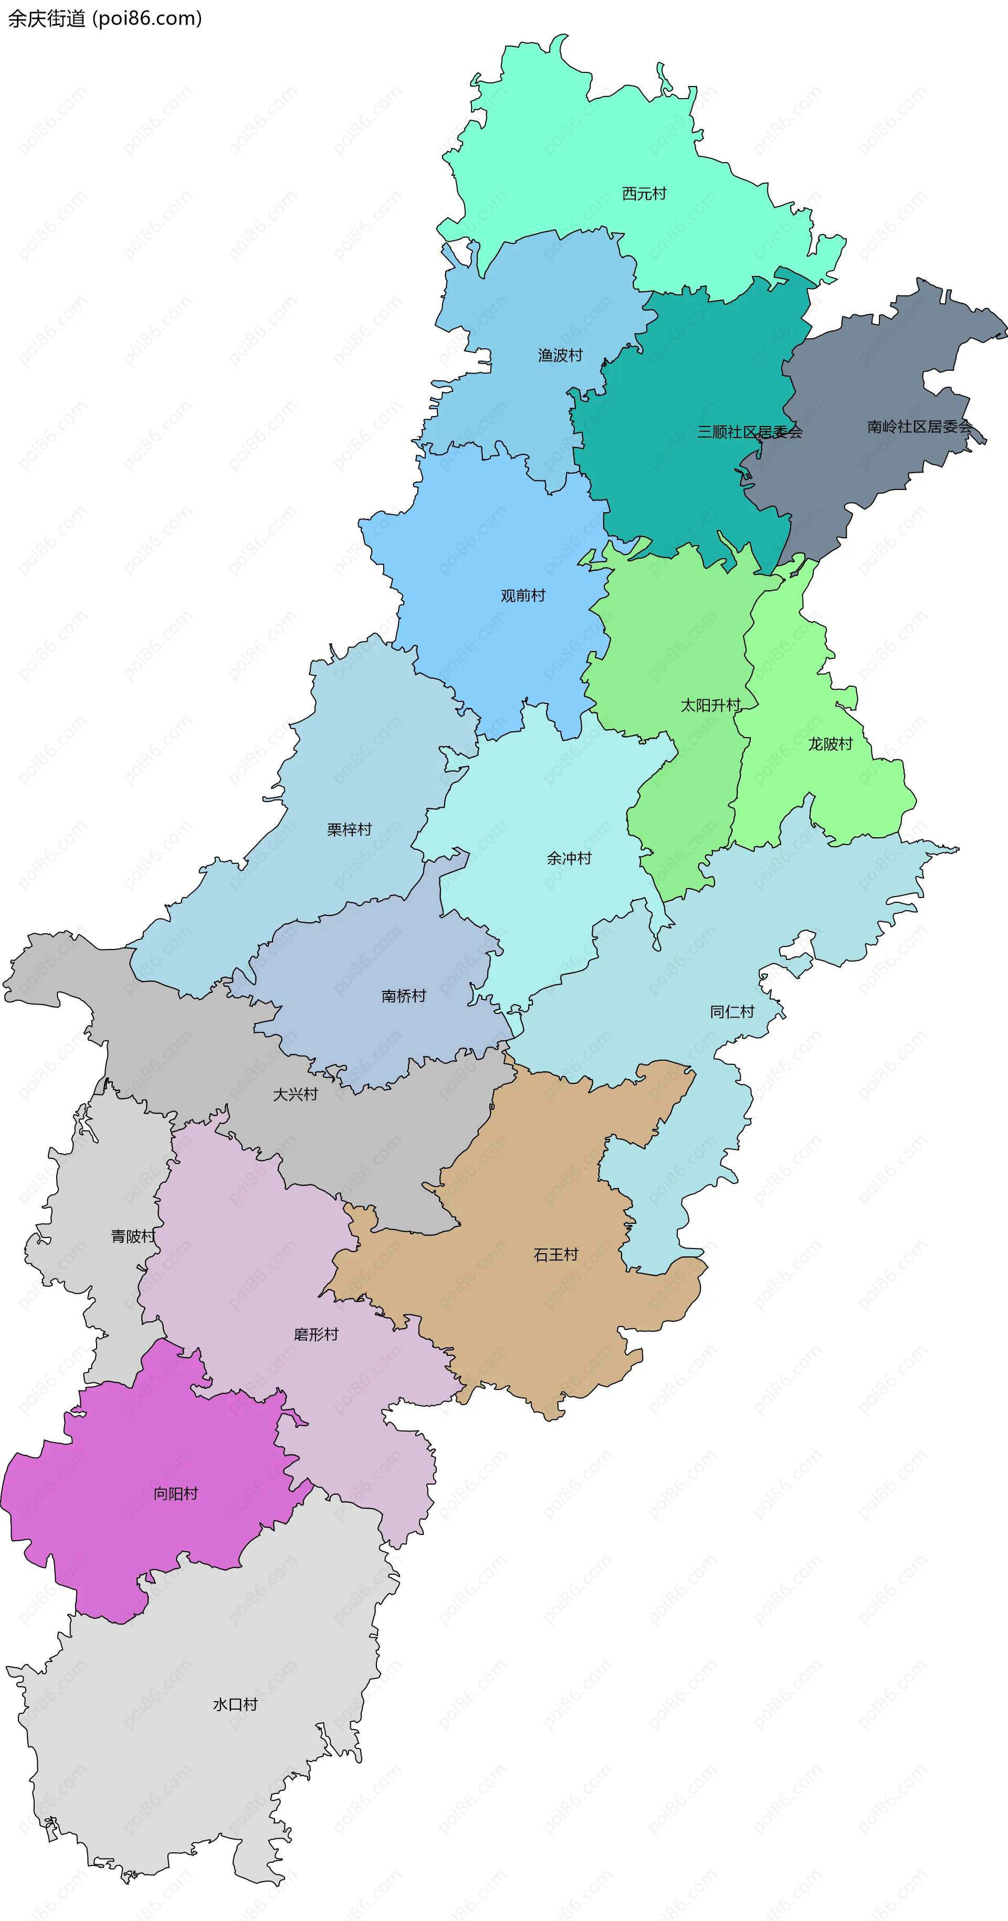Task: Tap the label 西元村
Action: pyautogui.click(x=644, y=194)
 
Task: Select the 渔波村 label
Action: pyautogui.click(x=560, y=356)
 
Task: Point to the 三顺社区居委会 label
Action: pyautogui.click(x=749, y=432)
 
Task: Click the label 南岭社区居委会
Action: pyautogui.click(x=919, y=426)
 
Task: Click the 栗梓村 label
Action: pyautogui.click(x=349, y=830)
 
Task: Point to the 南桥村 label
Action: pyautogui.click(x=404, y=996)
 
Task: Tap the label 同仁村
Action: pyautogui.click(x=732, y=1012)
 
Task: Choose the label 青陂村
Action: pyautogui.click(x=133, y=1236)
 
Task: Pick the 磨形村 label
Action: pyautogui.click(x=316, y=1334)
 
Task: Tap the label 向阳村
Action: pyautogui.click(x=175, y=1493)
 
